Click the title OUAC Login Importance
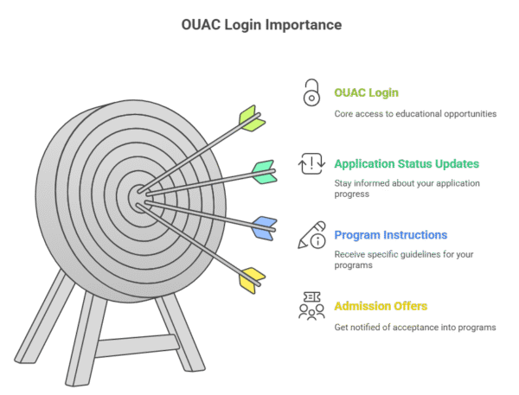pyautogui.click(x=261, y=25)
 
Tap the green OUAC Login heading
pyautogui.click(x=366, y=92)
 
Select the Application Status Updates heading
pyautogui.click(x=407, y=163)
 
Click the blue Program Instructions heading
pyautogui.click(x=390, y=235)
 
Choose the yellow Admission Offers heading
pyautogui.click(x=381, y=306)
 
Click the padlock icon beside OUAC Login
pyautogui.click(x=311, y=92)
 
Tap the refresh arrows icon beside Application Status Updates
pyautogui.click(x=311, y=163)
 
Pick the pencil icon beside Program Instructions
pyautogui.click(x=311, y=235)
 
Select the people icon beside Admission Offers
pyautogui.click(x=311, y=306)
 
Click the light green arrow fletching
pyautogui.click(x=251, y=118)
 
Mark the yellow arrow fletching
pyautogui.click(x=252, y=278)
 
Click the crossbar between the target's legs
pyautogui.click(x=130, y=348)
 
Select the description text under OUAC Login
pyautogui.click(x=415, y=113)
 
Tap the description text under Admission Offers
pyautogui.click(x=415, y=327)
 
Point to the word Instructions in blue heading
pyautogui.click(x=415, y=235)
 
